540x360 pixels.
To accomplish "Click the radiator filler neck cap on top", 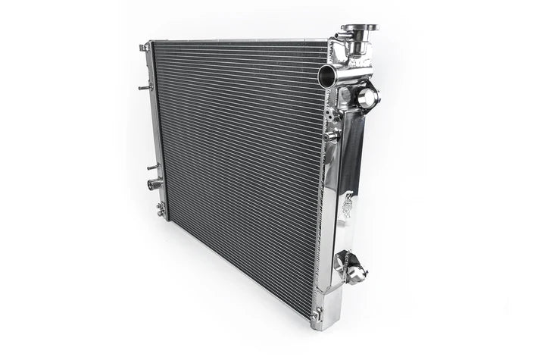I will click(359, 29).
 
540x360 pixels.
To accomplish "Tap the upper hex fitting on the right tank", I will click(367, 97).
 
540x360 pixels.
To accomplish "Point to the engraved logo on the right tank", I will click(347, 205).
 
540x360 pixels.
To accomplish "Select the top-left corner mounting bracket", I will click(144, 48).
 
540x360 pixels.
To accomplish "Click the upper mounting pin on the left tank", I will click(142, 88).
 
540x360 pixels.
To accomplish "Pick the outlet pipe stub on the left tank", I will click(154, 184).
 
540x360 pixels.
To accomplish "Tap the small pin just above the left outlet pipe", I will click(152, 167).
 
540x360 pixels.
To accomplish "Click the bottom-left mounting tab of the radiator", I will click(161, 209).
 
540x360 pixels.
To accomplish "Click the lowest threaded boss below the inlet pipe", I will click(332, 135).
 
